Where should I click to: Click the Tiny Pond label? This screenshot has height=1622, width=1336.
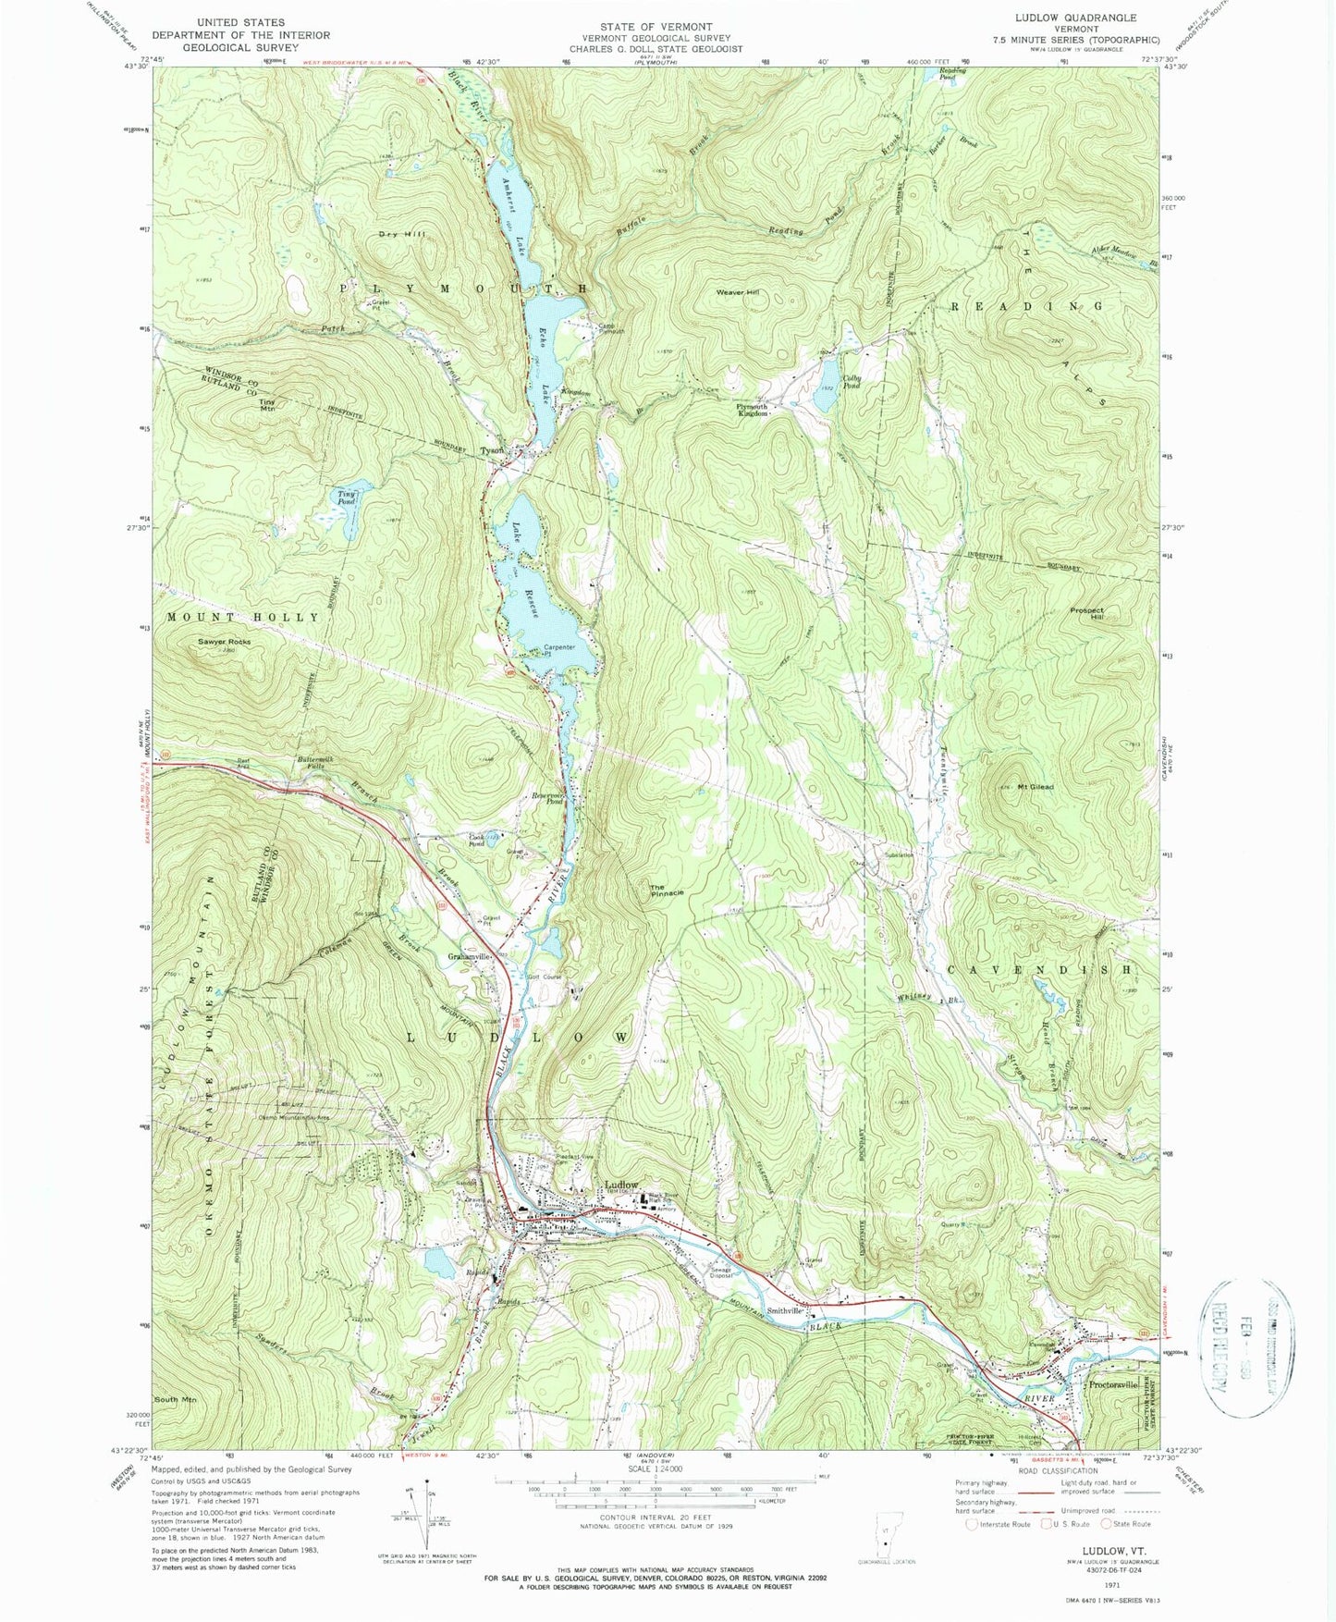pyautogui.click(x=347, y=498)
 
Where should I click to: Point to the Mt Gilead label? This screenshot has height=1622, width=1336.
pyautogui.click(x=1036, y=787)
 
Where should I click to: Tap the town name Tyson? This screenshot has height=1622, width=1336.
pyautogui.click(x=492, y=451)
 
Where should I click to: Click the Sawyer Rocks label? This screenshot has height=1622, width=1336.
pyautogui.click(x=224, y=642)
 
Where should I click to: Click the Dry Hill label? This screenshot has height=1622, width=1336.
pyautogui.click(x=400, y=235)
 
